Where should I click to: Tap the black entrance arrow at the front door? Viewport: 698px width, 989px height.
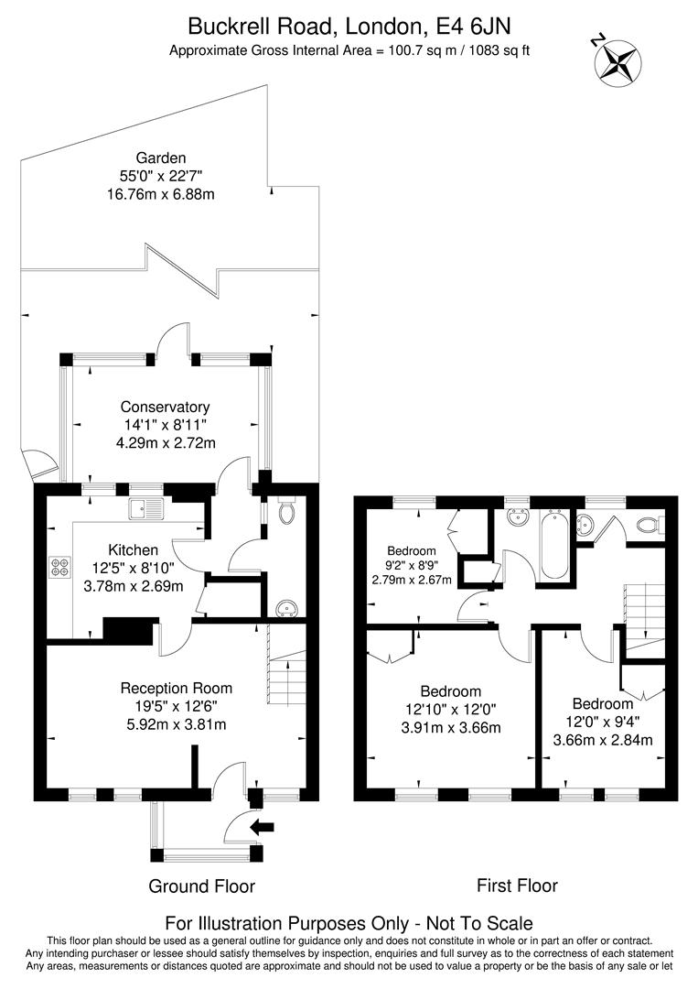pos(263,828)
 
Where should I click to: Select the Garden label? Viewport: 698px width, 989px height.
pos(161,158)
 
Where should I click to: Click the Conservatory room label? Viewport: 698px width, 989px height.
pos(166,407)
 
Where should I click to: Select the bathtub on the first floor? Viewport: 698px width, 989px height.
pos(553,546)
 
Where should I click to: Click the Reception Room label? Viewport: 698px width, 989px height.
pos(177,688)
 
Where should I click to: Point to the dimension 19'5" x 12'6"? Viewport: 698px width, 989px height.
pos(177,706)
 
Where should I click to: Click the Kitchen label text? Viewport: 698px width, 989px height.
pos(134,549)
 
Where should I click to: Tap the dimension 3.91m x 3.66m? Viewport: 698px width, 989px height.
pos(450,728)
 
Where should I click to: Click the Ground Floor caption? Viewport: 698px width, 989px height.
pos(201,886)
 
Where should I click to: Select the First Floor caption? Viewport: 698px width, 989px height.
pos(517,886)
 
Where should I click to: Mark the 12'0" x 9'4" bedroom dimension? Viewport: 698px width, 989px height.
pos(603,722)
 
